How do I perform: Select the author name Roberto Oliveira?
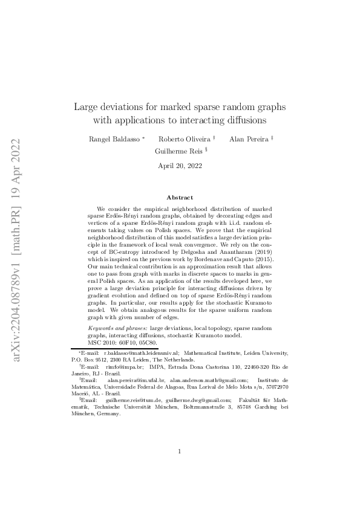185,139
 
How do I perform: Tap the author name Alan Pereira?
249,139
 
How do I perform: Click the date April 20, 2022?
180,166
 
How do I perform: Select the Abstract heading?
180,198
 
